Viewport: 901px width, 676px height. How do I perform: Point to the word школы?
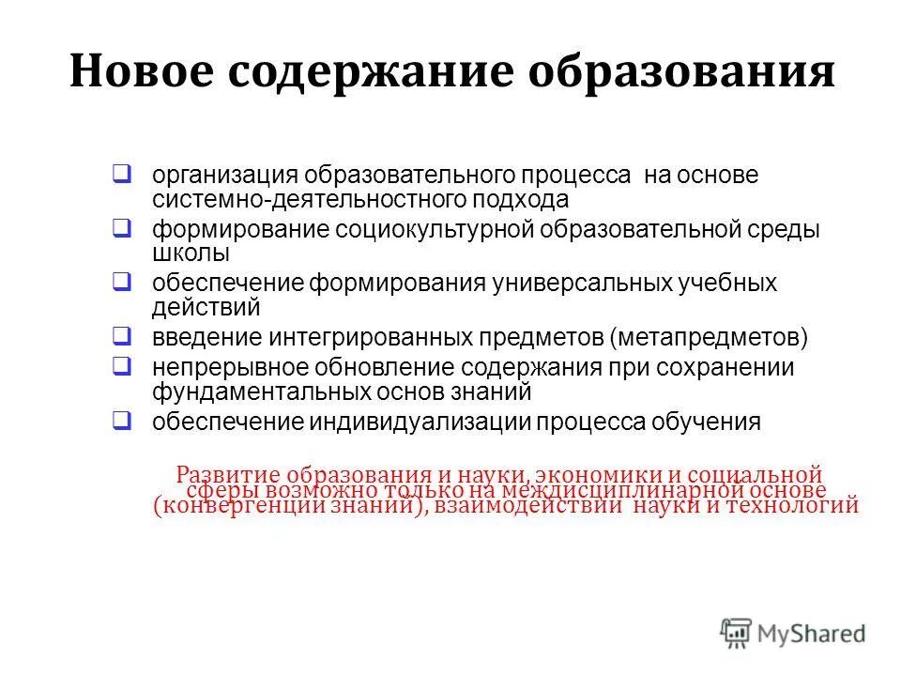click(191, 253)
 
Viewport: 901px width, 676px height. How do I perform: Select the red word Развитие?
click(229, 474)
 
